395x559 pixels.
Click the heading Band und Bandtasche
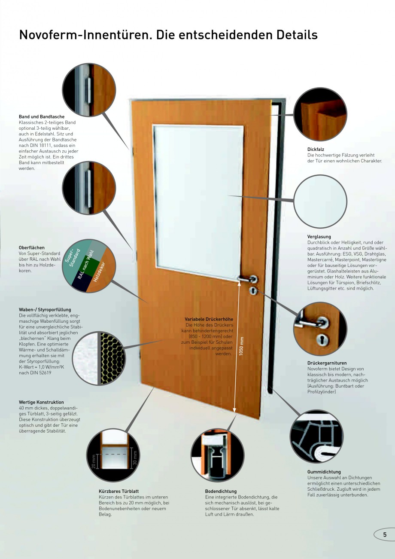pyautogui.click(x=42, y=116)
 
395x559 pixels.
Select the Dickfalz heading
pyautogui.click(x=316, y=149)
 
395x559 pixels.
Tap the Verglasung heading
pyautogui.click(x=319, y=237)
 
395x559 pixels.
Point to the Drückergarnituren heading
pyautogui.click(x=327, y=363)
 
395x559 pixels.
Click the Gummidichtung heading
pyautogui.click(x=324, y=472)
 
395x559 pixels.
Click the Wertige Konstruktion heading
pyautogui.click(x=41, y=402)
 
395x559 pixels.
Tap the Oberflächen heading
pyautogui.click(x=32, y=247)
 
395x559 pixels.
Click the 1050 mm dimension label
pyautogui.click(x=241, y=346)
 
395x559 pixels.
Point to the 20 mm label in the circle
pyautogui.click(x=94, y=461)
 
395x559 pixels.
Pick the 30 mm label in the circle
pyautogui.click(x=135, y=458)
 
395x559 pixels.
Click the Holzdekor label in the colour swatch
pyautogui.click(x=99, y=272)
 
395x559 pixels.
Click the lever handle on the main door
pyautogui.click(x=247, y=279)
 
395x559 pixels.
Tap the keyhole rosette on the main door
pyautogui.click(x=253, y=291)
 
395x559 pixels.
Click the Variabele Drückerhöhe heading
pyautogui.click(x=209, y=319)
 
